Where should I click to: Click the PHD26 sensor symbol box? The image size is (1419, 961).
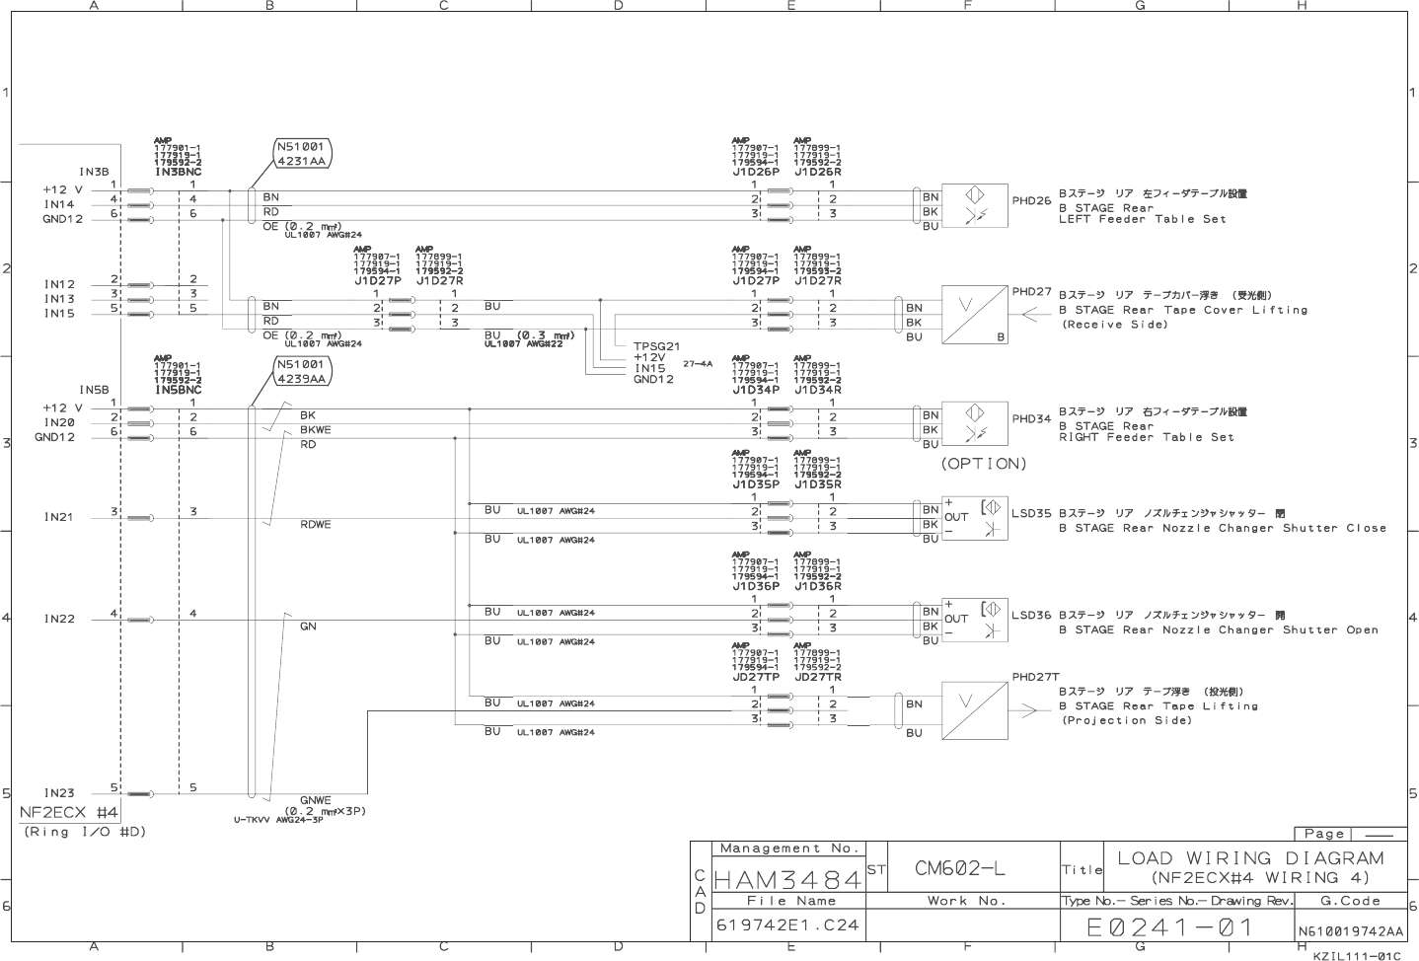[x=974, y=205]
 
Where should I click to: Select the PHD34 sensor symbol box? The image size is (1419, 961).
[x=974, y=423]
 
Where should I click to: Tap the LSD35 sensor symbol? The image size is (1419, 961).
[x=974, y=518]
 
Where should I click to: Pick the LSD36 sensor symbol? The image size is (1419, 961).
[x=974, y=621]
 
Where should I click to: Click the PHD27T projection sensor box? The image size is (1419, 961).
[x=974, y=710]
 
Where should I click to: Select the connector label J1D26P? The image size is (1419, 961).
[x=756, y=172]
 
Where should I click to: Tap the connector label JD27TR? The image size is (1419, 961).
[x=818, y=677]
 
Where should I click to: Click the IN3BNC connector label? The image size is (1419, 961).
[x=179, y=172]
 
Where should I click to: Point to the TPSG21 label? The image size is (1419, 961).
[x=656, y=346]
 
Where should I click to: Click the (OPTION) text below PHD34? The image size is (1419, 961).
[x=984, y=464]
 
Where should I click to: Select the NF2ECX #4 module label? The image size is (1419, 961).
[x=70, y=813]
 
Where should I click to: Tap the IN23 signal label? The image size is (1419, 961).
[x=59, y=792]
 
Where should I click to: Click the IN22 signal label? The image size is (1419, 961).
[x=59, y=619]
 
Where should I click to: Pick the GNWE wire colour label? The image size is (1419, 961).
[x=315, y=800]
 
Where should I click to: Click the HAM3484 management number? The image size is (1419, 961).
[x=787, y=877]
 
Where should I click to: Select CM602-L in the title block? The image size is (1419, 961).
[x=959, y=868]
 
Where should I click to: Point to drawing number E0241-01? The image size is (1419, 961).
[x=1169, y=927]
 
